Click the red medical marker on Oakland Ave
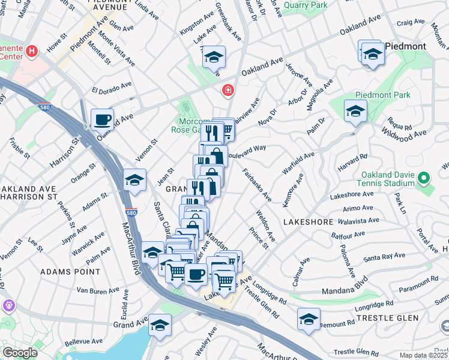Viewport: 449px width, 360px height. [x=228, y=91]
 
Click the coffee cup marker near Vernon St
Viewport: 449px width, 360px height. [x=102, y=119]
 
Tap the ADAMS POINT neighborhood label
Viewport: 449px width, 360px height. [x=70, y=272]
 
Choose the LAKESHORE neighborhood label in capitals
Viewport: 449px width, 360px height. [x=308, y=222]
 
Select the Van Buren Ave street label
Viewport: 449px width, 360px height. [x=98, y=290]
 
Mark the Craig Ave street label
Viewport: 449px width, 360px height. [x=411, y=22]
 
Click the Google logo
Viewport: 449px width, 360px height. [x=20, y=353]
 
